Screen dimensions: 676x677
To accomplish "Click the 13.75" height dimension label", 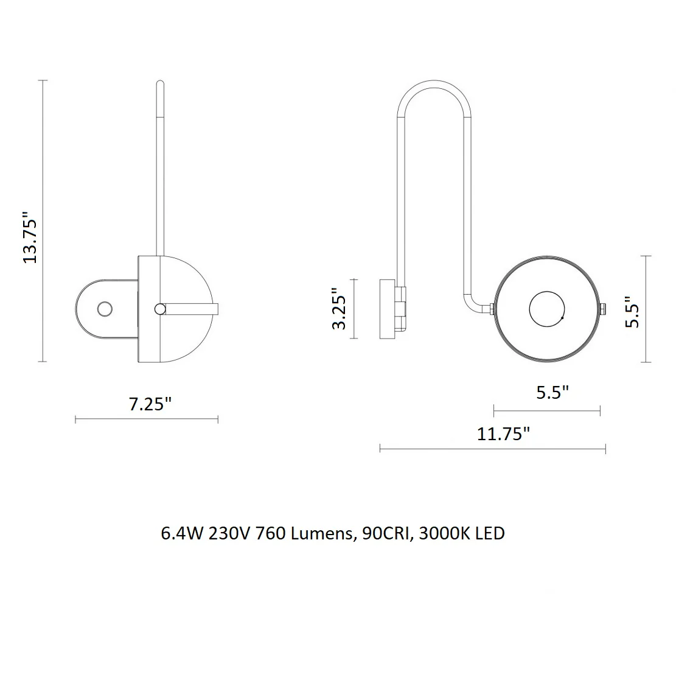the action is pos(30,237).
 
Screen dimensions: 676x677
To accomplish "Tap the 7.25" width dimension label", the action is pos(150,404).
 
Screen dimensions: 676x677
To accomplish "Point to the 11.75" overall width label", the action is pos(503,433).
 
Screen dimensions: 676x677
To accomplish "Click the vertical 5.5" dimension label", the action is pos(633,312).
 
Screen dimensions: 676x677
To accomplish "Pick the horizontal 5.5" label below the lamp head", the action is pos(552,393).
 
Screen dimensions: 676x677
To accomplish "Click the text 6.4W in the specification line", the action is pos(182,534).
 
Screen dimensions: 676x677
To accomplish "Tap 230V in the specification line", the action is pos(229,534).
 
